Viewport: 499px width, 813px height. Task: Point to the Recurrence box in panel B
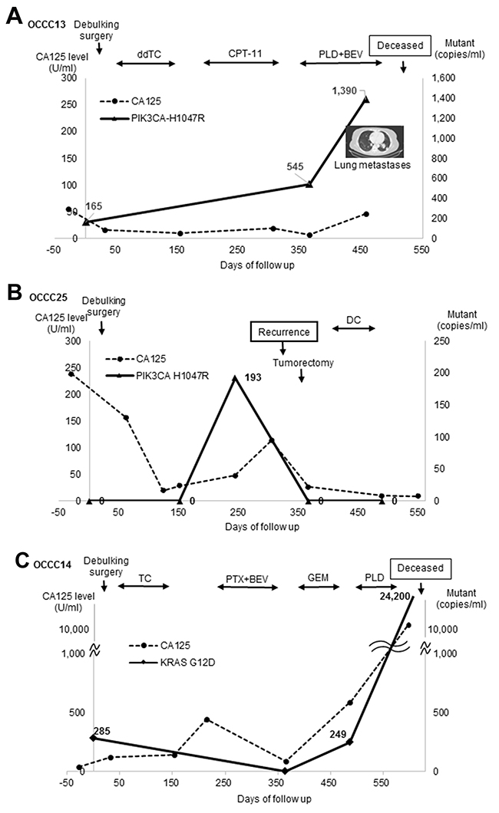tap(283, 332)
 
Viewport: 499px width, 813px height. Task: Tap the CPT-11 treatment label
tap(242, 54)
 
